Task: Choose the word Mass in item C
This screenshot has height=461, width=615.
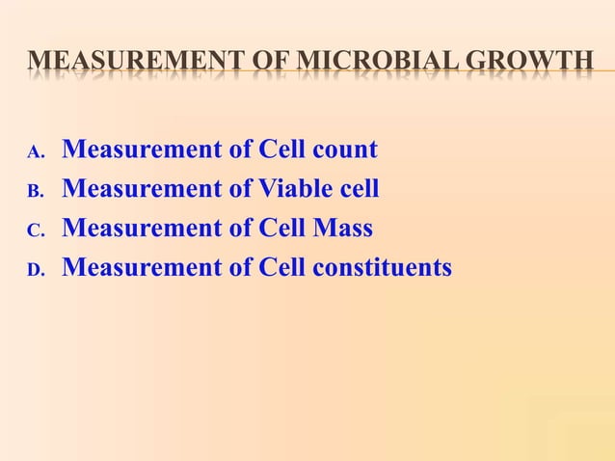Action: point(339,229)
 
